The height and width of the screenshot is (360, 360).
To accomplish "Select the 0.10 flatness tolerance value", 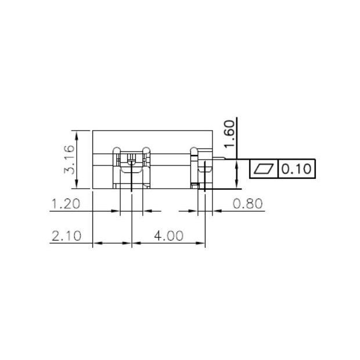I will coord(297,169).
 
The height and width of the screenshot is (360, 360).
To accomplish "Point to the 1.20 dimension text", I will coord(66,204).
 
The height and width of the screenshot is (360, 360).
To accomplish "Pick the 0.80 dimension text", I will coord(248,204).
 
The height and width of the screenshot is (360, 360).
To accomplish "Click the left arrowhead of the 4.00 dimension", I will coord(136,243).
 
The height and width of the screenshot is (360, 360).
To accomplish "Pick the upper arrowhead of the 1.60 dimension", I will coord(237,165).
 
